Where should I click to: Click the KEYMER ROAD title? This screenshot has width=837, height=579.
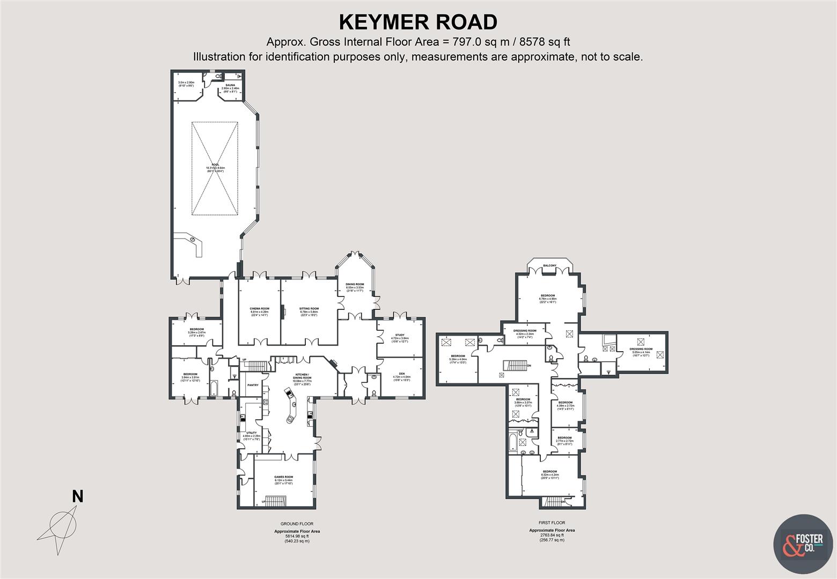[x=418, y=23]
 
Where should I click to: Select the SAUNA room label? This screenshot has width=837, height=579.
[x=230, y=85]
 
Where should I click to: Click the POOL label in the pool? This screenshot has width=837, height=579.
[x=215, y=165]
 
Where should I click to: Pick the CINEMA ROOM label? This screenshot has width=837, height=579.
[x=259, y=309]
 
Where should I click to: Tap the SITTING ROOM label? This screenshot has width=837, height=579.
[x=309, y=309]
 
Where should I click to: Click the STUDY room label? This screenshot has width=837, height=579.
[x=400, y=335]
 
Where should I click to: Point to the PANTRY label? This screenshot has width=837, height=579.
[x=253, y=385]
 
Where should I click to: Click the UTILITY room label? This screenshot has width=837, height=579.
[x=251, y=433]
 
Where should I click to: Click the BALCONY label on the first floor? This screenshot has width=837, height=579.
[x=549, y=266]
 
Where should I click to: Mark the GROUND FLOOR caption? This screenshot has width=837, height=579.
[x=297, y=524]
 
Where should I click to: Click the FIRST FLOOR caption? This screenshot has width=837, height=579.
[x=552, y=523]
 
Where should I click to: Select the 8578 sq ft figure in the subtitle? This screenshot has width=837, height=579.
[x=540, y=42]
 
